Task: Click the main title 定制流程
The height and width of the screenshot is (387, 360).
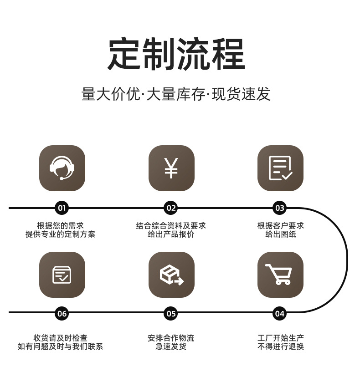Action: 176,54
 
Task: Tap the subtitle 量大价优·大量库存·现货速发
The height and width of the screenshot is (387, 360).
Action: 176,94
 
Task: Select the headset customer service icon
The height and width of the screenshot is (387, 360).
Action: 62,168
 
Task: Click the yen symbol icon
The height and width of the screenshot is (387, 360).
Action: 171,168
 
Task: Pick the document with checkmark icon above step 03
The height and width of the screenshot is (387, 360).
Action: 280,168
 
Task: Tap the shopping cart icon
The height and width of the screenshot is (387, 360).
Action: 280,275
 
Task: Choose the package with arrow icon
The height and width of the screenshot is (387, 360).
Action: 171,275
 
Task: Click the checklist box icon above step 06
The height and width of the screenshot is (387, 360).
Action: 62,275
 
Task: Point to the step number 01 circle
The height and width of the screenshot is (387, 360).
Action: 62,209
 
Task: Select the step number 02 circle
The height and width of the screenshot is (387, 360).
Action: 171,209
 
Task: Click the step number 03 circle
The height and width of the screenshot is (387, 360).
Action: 280,209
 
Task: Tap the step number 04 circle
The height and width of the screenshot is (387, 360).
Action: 280,313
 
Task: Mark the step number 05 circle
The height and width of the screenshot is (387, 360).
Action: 171,313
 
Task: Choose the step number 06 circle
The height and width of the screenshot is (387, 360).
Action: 62,313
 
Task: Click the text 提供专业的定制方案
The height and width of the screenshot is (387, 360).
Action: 61,234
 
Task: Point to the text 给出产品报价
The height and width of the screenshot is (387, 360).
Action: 171,234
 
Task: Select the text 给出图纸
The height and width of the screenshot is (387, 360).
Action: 280,234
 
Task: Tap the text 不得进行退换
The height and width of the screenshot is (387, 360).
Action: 280,346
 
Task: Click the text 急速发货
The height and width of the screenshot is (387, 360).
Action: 171,346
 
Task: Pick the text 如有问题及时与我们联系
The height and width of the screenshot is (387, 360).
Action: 61,346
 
